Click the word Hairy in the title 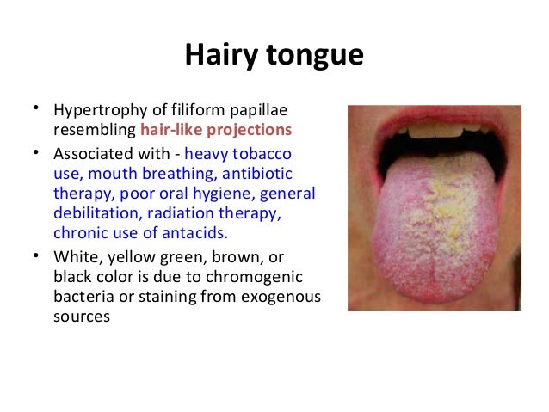(x=221, y=55)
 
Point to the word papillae (x=258, y=111)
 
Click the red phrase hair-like (x=171, y=130)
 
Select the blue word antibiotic (x=257, y=173)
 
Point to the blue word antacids (x=194, y=233)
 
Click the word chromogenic (x=254, y=278)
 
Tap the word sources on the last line (x=82, y=317)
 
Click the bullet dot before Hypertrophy (x=36, y=108)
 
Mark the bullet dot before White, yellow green (x=36, y=255)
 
